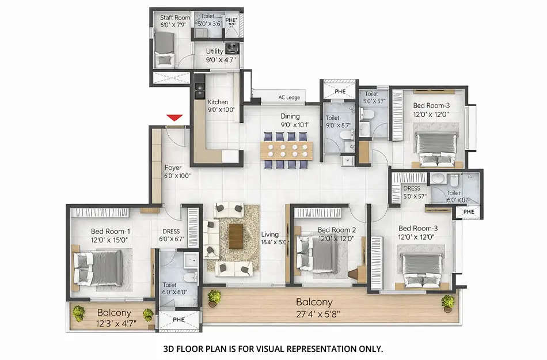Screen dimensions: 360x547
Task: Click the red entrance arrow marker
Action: pos(175,119)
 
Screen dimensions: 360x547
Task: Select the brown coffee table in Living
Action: pos(235,236)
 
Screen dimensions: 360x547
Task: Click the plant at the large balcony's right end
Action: pos(447,301)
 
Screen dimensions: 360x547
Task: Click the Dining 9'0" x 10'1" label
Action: pos(295,120)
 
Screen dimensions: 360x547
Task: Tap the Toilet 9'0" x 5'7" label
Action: pos(336,122)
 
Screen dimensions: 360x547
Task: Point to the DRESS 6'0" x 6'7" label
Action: pos(171,235)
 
